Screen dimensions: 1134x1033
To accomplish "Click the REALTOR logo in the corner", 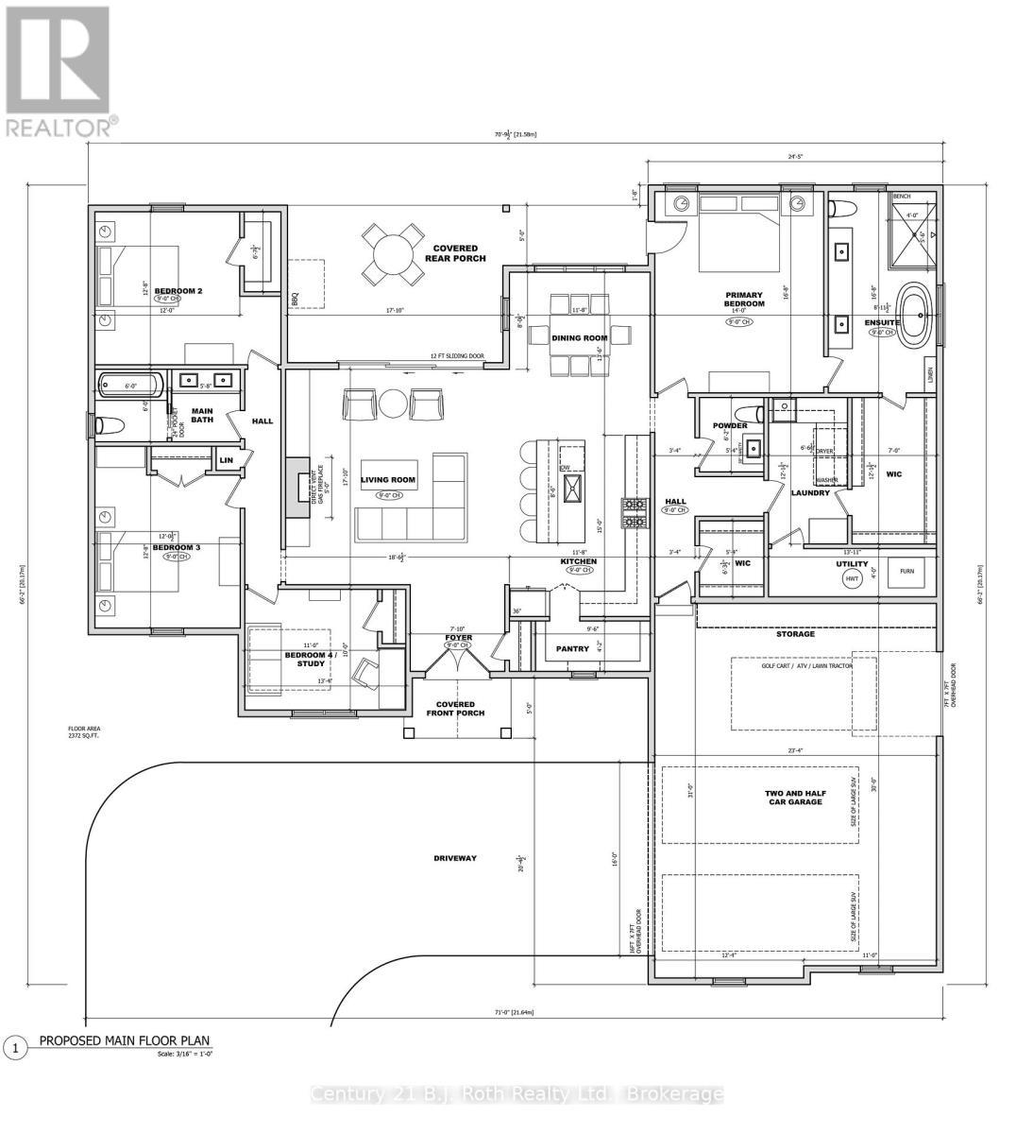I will click(x=58, y=71).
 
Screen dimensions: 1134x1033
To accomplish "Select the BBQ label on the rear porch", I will click(x=295, y=299).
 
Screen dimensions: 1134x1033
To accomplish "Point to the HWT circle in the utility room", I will click(x=852, y=577).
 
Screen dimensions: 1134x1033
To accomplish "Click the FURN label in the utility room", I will click(x=906, y=571).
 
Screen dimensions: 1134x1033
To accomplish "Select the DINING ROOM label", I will click(x=580, y=337).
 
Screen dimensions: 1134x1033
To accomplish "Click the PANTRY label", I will click(x=572, y=648).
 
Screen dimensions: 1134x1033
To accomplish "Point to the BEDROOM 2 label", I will click(x=179, y=291).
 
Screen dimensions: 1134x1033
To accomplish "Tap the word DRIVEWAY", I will click(x=455, y=858).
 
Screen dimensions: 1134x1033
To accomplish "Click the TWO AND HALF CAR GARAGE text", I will click(x=792, y=797).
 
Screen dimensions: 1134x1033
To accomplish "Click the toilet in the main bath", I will click(x=106, y=424).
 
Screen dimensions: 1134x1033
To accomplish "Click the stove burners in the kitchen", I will click(x=631, y=512).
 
